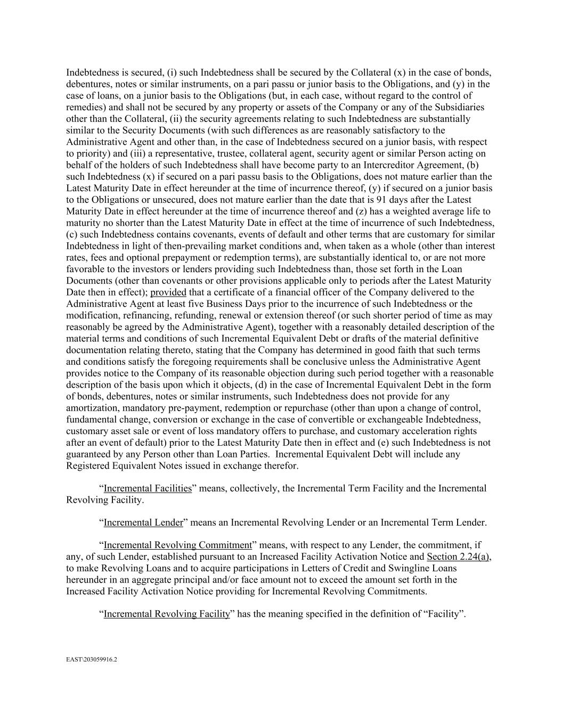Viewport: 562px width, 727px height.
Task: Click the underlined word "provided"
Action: click(x=168, y=292)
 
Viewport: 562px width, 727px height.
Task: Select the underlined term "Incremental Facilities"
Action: click(x=148, y=488)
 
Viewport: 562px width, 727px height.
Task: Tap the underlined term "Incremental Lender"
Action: click(x=143, y=522)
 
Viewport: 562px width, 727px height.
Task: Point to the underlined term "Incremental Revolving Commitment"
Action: click(x=177, y=545)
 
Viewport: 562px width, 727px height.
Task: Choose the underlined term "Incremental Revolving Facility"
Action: click(x=167, y=614)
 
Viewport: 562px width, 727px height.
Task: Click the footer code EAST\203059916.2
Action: click(x=92, y=659)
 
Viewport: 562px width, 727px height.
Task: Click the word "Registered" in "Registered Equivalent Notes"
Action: click(x=88, y=466)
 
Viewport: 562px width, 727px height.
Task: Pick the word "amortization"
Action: click(x=92, y=408)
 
